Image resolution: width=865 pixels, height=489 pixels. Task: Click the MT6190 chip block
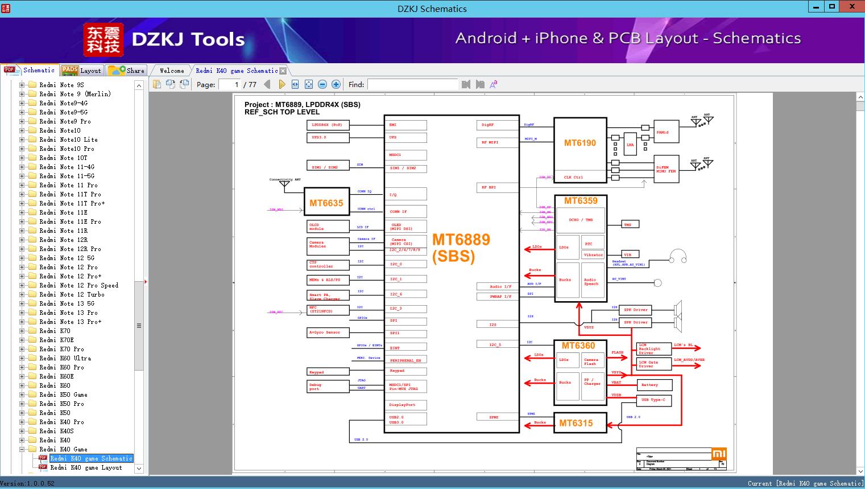[x=580, y=143]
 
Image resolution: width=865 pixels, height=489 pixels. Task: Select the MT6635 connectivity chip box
[x=326, y=203]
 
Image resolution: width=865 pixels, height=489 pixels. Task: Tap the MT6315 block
[x=576, y=423]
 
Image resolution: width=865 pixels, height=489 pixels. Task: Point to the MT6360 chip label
[x=578, y=346]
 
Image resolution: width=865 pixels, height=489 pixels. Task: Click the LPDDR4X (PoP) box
[x=327, y=125]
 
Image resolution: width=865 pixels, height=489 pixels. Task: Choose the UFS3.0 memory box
[x=327, y=137]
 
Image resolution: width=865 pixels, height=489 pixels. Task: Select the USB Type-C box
[x=653, y=400]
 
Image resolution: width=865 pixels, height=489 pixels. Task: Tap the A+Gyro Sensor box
[x=327, y=332]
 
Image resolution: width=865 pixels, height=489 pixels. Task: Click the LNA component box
[x=630, y=145]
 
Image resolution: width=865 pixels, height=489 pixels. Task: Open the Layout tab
[x=82, y=71]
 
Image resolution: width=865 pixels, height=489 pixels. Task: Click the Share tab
[x=127, y=71]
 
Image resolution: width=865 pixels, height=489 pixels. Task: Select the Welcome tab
[x=171, y=71]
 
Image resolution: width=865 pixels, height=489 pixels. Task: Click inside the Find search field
[x=412, y=84]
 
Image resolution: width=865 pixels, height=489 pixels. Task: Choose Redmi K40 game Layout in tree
[x=86, y=467]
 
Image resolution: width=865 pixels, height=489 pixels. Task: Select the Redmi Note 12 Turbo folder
[x=72, y=294]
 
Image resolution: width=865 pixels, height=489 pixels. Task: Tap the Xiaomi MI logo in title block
[x=719, y=454]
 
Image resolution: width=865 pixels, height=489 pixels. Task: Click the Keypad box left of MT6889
[x=327, y=372]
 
